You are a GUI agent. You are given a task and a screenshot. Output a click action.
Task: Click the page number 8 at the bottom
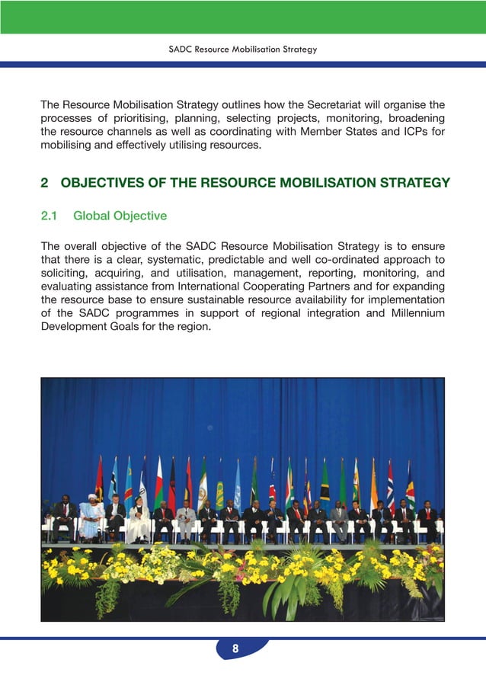coord(235,649)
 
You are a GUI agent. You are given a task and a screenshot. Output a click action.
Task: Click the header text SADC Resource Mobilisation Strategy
coord(242,50)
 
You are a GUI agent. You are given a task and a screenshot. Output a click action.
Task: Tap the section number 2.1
coord(49,216)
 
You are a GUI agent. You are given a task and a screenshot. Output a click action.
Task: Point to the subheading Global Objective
coord(120,216)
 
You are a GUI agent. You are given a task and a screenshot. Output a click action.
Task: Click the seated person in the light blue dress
coord(90,520)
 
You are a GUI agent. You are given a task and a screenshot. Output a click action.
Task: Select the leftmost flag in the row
coord(99,478)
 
